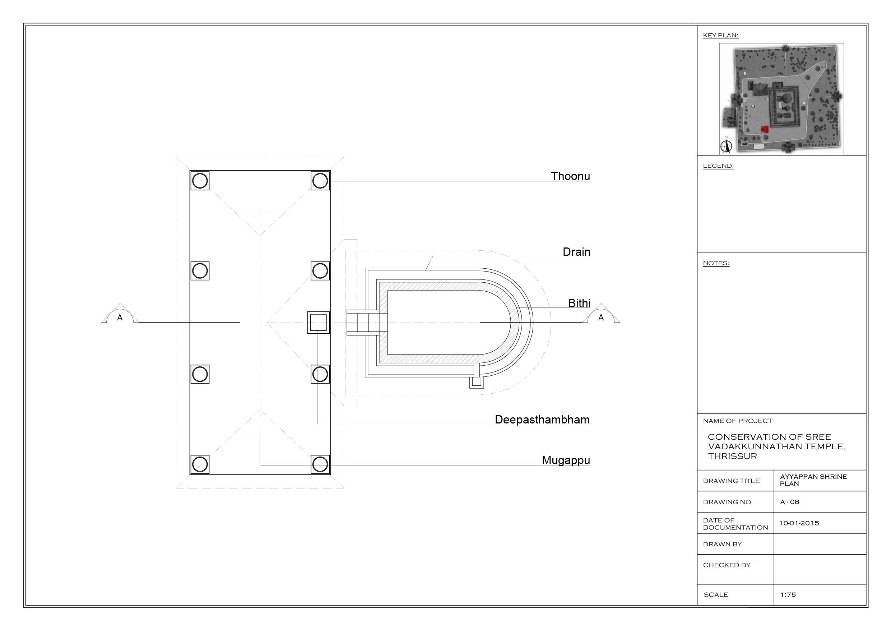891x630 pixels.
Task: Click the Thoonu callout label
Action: [570, 176]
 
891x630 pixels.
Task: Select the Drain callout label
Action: [576, 252]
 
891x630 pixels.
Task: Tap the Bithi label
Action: [579, 303]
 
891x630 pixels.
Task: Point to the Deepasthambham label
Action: [542, 420]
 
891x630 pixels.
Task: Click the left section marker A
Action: [120, 315]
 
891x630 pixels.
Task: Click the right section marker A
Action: [601, 315]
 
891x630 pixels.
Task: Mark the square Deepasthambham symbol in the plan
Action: [318, 323]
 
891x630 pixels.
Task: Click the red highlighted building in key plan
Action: [764, 129]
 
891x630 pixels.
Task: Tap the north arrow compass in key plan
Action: [726, 145]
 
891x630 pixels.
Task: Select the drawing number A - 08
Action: [789, 502]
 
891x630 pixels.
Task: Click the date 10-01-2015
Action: [799, 523]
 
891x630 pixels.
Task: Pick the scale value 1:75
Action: [788, 594]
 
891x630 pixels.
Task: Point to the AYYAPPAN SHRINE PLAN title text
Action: [813, 480]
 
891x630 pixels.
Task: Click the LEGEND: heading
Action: [718, 166]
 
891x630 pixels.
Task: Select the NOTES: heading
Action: [716, 263]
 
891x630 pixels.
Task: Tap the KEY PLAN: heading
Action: [721, 35]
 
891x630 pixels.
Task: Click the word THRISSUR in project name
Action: [732, 456]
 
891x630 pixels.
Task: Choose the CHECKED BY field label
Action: [727, 565]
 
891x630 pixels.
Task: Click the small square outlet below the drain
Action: [477, 382]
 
